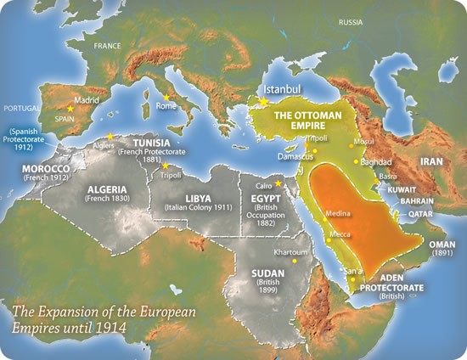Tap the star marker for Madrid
tap(70, 109)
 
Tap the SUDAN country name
tap(270, 273)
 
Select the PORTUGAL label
tap(21, 109)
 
